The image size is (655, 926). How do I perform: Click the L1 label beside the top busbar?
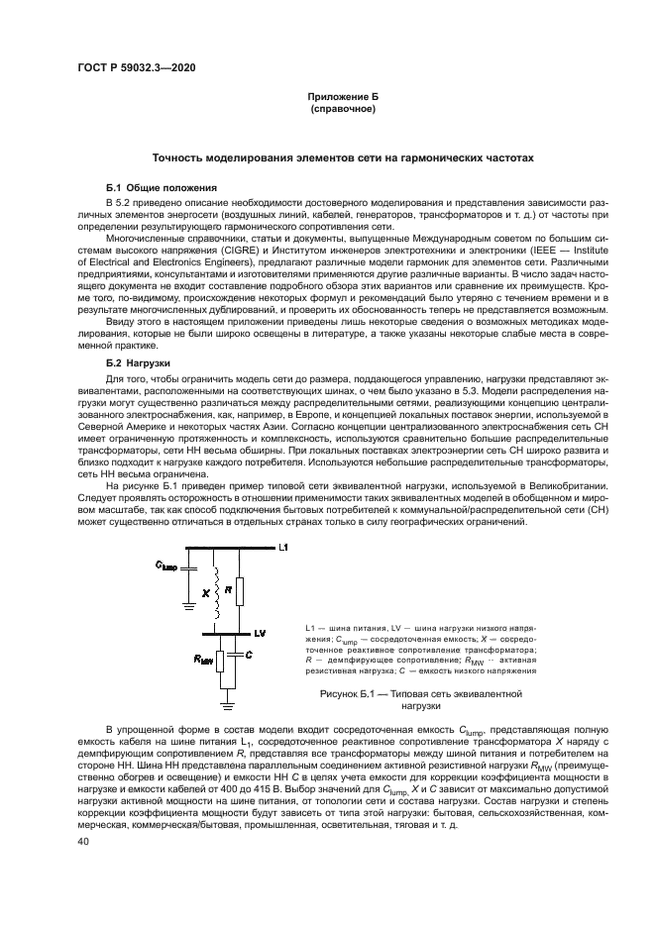coord(283,547)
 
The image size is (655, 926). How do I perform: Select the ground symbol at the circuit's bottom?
coord(226,706)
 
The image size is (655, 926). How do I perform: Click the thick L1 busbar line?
coord(228,548)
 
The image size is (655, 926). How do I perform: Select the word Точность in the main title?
coord(177,157)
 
